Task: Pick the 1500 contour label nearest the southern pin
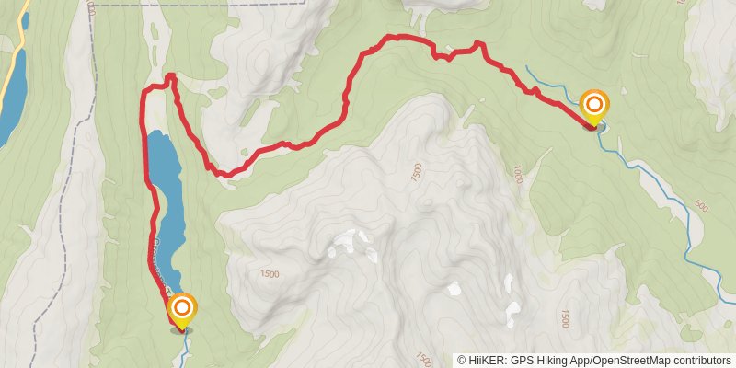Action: [269, 273]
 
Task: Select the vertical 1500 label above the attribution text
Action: [562, 318]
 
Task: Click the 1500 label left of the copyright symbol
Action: [424, 357]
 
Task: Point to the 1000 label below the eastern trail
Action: [518, 174]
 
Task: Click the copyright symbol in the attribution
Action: [463, 361]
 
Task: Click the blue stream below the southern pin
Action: [186, 344]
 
